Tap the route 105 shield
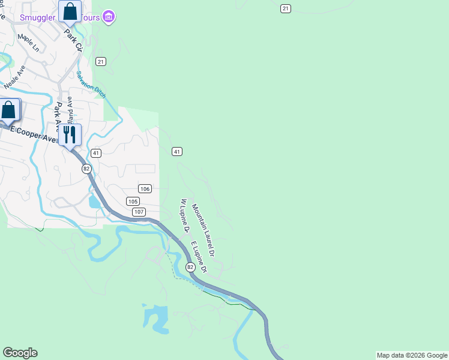[x=133, y=201]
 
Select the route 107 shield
[x=139, y=212]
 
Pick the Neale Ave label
[x=16, y=77]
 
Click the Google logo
[x=20, y=353]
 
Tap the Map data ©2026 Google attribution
[x=412, y=355]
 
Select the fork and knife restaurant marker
[x=70, y=135]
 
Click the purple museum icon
[x=109, y=16]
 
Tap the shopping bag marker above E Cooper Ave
[x=9, y=110]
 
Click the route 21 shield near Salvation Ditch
[x=101, y=62]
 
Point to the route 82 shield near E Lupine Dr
[x=190, y=267]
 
